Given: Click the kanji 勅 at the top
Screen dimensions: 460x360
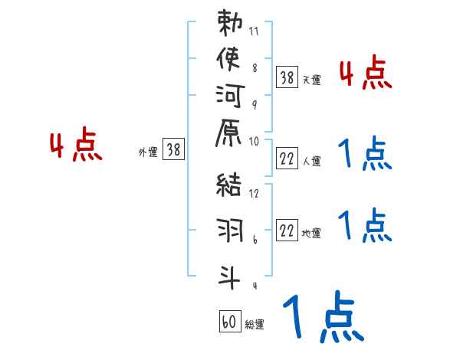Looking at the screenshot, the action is (228, 23).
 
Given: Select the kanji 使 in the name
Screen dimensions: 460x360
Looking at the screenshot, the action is (228, 59).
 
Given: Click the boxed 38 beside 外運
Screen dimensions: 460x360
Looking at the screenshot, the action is (173, 151).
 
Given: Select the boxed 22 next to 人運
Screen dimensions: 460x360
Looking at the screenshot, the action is (287, 159).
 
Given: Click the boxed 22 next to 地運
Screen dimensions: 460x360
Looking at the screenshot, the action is (287, 230).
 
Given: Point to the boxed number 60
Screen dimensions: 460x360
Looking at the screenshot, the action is (229, 322).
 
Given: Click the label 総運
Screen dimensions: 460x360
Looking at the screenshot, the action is (255, 325).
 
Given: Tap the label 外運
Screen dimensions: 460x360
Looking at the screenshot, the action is (148, 152).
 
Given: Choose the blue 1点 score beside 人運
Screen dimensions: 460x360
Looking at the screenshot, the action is (365, 153).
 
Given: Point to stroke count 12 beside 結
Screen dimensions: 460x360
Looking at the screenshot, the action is (254, 194).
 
